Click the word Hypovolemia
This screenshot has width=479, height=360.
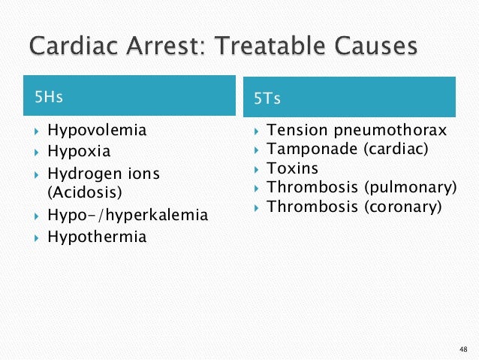[x=97, y=130]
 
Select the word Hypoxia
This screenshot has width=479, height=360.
[x=79, y=151]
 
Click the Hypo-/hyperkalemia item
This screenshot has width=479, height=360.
[x=128, y=216]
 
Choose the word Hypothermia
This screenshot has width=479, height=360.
[x=97, y=237]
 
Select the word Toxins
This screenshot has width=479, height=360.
[x=293, y=168]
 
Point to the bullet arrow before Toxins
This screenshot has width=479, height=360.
[x=256, y=169]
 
